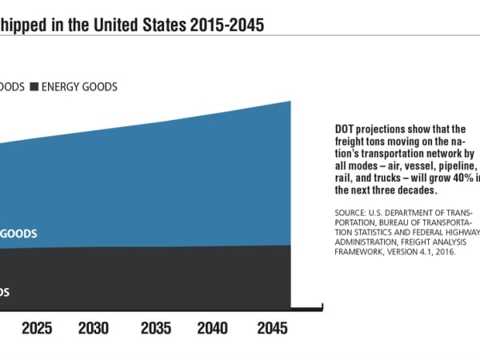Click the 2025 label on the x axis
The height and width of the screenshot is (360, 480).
coord(37,328)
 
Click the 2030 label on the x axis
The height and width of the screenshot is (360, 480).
coord(94,328)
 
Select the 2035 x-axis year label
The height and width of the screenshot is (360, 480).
coord(155,328)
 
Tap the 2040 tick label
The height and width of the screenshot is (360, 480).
coord(212,328)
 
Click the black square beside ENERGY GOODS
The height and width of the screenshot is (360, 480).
coord(34,87)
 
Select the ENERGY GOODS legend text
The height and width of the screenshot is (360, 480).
coord(79,87)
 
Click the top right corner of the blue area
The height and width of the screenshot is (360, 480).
coord(290,102)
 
